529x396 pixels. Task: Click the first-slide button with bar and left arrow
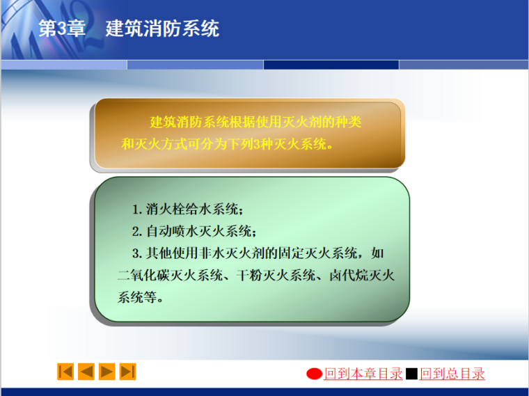tap(65, 372)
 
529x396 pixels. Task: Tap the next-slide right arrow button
tap(107, 372)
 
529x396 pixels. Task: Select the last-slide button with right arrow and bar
tap(128, 372)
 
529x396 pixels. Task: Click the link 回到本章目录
tap(363, 374)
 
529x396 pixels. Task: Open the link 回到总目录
tap(452, 374)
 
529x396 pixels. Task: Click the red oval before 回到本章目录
tap(315, 374)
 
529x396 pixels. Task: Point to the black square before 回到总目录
tap(411, 374)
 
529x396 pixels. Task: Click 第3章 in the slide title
tap(62, 29)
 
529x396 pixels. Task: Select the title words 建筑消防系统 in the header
tap(162, 29)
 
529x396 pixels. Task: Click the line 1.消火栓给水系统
tap(189, 209)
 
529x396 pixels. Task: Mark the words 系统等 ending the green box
tap(139, 298)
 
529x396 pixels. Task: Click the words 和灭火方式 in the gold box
tap(149, 145)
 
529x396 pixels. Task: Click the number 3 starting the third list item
tap(136, 253)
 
